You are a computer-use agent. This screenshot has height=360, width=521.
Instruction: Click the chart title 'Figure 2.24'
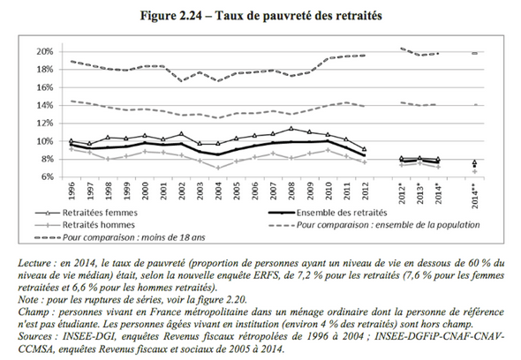[170, 16]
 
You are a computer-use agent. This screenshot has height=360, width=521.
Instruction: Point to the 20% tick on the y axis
[45, 52]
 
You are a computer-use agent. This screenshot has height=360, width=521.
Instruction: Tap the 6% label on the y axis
[48, 177]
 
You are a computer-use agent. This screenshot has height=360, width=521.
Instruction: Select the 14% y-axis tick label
[45, 106]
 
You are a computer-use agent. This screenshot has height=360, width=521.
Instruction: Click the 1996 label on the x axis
[72, 191]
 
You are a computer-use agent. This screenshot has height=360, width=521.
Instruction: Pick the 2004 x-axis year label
[218, 191]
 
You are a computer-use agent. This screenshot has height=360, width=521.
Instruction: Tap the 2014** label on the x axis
[475, 196]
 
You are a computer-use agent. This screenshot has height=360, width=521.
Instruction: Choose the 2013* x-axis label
[420, 193]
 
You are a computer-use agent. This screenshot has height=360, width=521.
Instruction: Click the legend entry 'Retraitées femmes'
[100, 213]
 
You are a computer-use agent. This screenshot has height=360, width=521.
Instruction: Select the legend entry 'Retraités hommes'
[99, 225]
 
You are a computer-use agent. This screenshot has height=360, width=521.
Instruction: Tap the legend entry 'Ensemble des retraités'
[342, 213]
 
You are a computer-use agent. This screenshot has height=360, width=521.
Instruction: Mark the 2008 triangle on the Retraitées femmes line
[291, 129]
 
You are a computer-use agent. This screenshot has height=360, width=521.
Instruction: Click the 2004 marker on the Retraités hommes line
[218, 168]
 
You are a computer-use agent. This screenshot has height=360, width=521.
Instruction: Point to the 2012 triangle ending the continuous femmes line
[365, 149]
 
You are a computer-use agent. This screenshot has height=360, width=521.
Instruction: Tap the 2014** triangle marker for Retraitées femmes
[475, 162]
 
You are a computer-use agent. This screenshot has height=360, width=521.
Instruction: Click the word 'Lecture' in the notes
[34, 263]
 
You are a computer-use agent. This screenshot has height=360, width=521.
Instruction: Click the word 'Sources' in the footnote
[34, 336]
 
